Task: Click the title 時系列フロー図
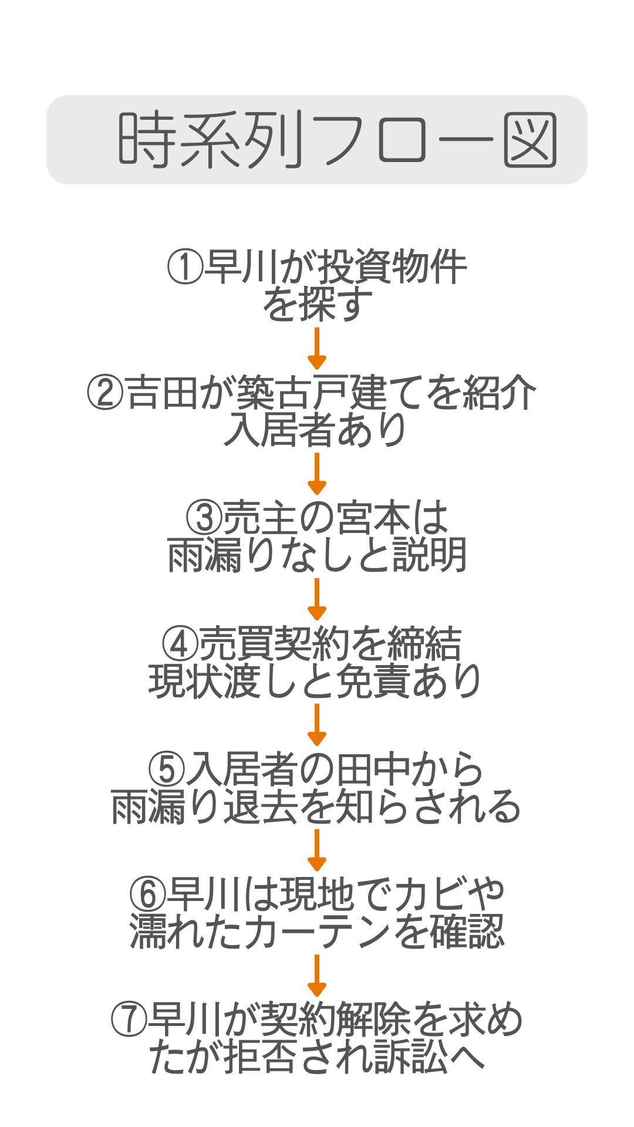337,140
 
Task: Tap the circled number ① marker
185,267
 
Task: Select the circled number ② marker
105,393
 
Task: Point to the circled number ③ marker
204,518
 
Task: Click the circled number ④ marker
180,643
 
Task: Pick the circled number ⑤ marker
166,769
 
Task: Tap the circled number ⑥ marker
147,894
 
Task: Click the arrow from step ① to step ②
317,349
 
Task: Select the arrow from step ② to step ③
317,474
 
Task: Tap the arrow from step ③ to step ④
317,599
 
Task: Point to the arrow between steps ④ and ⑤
317,725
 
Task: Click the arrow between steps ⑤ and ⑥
317,851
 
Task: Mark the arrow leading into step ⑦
317,976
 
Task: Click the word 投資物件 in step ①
392,267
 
